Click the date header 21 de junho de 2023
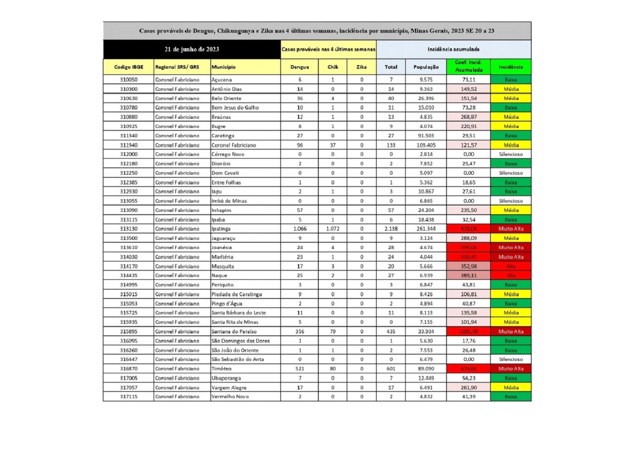coord(192,50)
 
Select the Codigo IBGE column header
coord(128,67)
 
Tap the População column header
coord(426,67)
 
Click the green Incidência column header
coord(511,67)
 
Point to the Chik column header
coord(333,67)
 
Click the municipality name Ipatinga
coord(221,229)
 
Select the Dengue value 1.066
coord(300,229)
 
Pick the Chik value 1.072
coord(333,229)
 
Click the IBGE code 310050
coord(128,80)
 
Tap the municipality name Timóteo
coord(222,369)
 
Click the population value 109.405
coord(426,145)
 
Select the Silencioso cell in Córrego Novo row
coord(511,155)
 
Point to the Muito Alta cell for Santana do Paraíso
coord(511,332)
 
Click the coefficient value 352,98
coord(468,266)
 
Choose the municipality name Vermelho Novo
coord(230,397)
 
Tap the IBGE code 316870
coord(128,369)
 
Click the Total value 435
coord(391,332)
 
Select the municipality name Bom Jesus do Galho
coord(235,108)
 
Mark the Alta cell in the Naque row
coord(511,276)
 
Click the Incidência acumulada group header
coord(453,50)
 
